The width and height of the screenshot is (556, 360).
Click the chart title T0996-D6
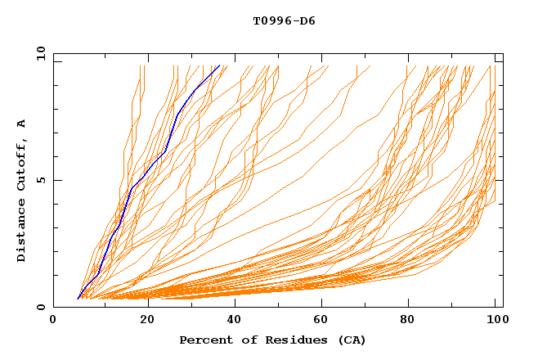284,20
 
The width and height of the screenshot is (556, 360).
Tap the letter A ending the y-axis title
21,124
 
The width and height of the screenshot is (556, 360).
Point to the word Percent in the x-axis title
206,340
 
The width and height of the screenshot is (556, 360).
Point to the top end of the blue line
220,65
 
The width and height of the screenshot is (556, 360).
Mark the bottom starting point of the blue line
78,299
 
